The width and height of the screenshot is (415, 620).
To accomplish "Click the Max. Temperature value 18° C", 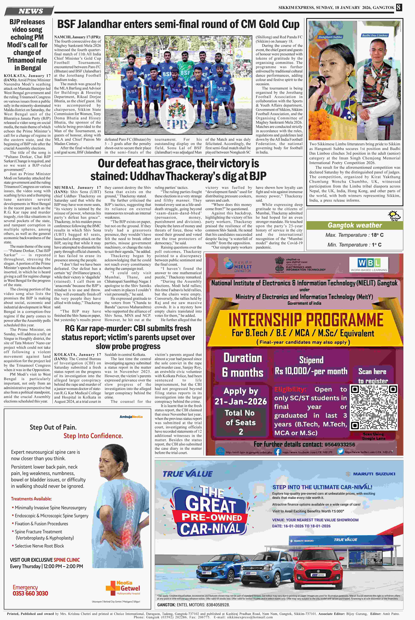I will pos(377,235).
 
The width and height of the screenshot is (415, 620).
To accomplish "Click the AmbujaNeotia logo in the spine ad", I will pos(131,417).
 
